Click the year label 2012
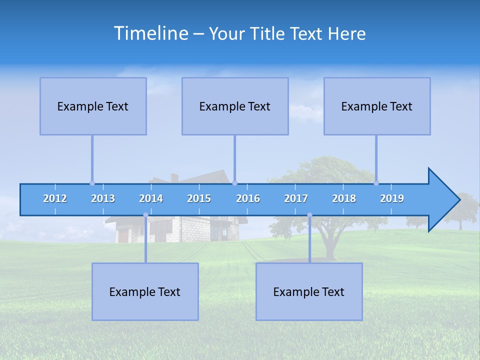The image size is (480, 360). pyautogui.click(x=55, y=198)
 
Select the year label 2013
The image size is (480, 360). pyautogui.click(x=103, y=198)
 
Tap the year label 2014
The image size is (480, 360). pyautogui.click(x=151, y=198)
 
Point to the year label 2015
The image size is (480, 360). pyautogui.click(x=199, y=198)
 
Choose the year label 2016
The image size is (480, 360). pyautogui.click(x=248, y=198)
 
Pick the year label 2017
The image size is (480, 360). pyautogui.click(x=296, y=198)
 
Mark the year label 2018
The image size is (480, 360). pyautogui.click(x=344, y=198)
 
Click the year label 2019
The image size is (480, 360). pyautogui.click(x=392, y=198)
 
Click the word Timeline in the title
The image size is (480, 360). pyautogui.click(x=150, y=33)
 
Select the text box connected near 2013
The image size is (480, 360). pyautogui.click(x=93, y=106)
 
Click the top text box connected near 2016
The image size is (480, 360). pyautogui.click(x=235, y=106)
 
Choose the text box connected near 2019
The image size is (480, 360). pyautogui.click(x=377, y=106)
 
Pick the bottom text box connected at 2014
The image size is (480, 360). pyautogui.click(x=145, y=291)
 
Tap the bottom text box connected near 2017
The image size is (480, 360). pyautogui.click(x=309, y=291)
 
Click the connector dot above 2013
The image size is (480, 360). pyautogui.click(x=92, y=183)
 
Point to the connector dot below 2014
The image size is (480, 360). pyautogui.click(x=145, y=215)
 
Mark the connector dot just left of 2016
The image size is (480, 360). pyautogui.click(x=234, y=183)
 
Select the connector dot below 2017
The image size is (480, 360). pyautogui.click(x=309, y=215)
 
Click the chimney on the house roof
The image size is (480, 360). pyautogui.click(x=174, y=177)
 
